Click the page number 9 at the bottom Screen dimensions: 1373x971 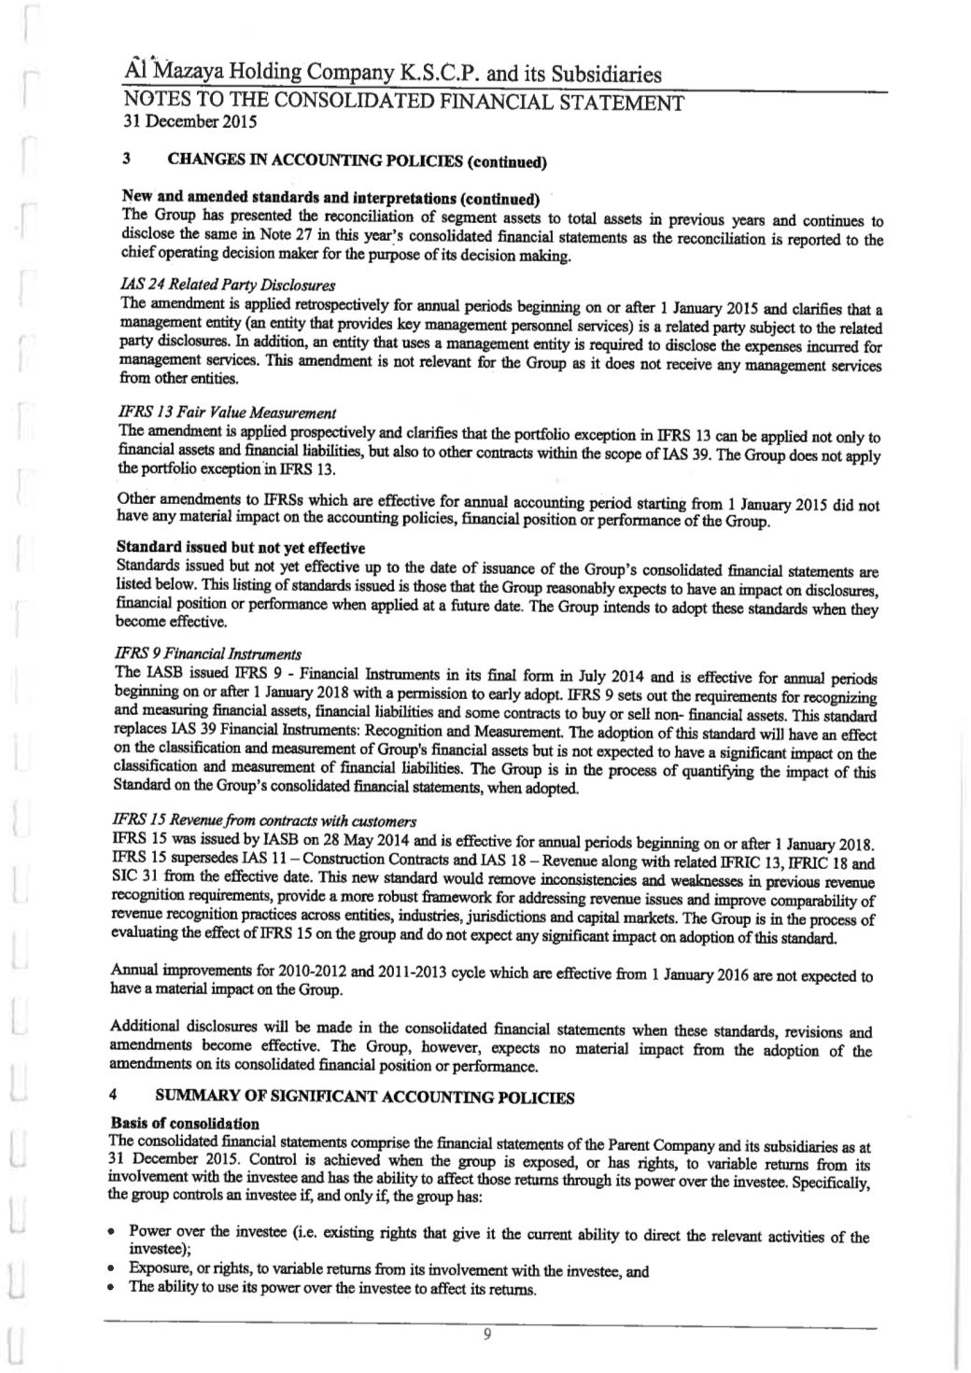pyautogui.click(x=486, y=1334)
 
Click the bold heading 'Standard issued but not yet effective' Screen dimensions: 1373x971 pyautogui.click(x=240, y=547)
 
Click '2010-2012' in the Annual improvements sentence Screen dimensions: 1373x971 pyautogui.click(x=342, y=976)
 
